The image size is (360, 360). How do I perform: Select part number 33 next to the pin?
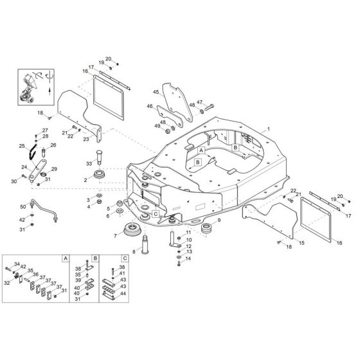coord(90,163)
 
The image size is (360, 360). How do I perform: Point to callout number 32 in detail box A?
coord(8,282)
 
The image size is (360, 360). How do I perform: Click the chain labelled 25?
coord(24,152)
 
